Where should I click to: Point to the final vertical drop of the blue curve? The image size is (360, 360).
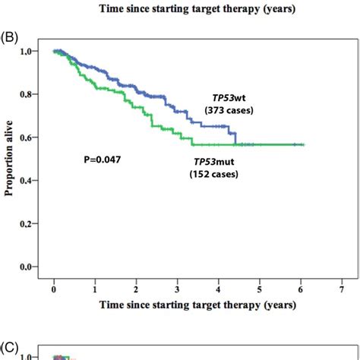tap(236, 137)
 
